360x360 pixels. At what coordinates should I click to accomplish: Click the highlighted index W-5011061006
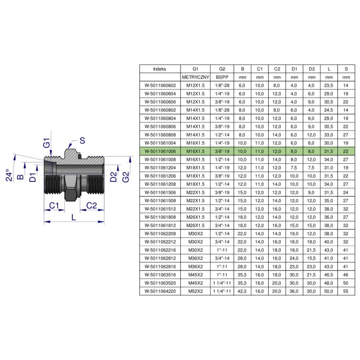tap(160, 151)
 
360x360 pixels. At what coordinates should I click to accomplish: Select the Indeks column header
tap(160, 69)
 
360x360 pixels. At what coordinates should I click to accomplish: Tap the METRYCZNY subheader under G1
tap(195, 77)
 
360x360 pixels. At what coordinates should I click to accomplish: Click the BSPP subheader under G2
tap(222, 77)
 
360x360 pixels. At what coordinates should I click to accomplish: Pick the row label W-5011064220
tap(160, 291)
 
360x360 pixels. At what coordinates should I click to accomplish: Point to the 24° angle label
tap(9, 175)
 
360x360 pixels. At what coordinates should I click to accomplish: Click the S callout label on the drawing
tap(82, 140)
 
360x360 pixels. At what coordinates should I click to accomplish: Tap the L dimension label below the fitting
tap(73, 217)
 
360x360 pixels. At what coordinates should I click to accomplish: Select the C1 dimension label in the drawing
tap(54, 206)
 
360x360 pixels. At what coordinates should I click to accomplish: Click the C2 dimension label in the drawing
tap(91, 206)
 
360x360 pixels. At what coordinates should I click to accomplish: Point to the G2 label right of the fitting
tap(126, 177)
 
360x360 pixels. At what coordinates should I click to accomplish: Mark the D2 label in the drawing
tap(113, 177)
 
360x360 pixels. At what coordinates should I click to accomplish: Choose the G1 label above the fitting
tap(47, 143)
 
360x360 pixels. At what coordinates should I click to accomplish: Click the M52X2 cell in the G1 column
tap(195, 291)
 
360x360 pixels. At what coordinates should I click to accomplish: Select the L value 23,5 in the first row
tap(328, 85)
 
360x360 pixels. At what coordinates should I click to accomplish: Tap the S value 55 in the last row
tap(346, 291)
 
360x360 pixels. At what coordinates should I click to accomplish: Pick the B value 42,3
tap(242, 291)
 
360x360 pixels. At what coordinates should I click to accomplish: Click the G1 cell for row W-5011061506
tap(195, 193)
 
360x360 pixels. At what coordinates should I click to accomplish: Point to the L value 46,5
tap(328, 274)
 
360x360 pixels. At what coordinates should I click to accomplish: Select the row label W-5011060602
tap(160, 85)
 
